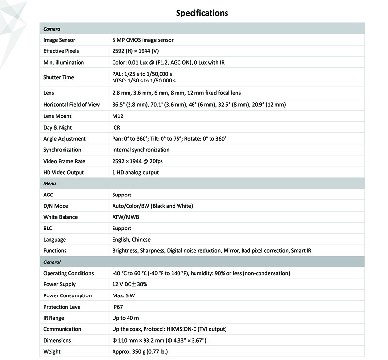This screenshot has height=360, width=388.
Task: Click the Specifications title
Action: tap(201, 13)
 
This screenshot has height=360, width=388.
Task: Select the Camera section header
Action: tap(52, 29)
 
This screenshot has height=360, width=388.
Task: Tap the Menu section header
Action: tap(50, 184)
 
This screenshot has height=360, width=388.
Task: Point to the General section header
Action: tap(52, 262)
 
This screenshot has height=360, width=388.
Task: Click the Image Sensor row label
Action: tap(59, 40)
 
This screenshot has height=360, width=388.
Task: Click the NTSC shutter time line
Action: tap(144, 81)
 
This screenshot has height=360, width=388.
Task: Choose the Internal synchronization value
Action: tap(141, 150)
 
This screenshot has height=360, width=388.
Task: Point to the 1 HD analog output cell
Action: tap(135, 172)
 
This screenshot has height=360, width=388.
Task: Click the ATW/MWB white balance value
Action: tap(126, 217)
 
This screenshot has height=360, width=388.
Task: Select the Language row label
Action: tap(55, 240)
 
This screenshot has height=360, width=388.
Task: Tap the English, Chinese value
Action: tap(131, 240)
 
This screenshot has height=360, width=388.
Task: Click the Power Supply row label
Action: tap(60, 285)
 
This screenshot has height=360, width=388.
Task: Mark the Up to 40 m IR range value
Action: tap(126, 318)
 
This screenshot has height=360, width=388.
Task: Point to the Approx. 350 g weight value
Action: tap(140, 352)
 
